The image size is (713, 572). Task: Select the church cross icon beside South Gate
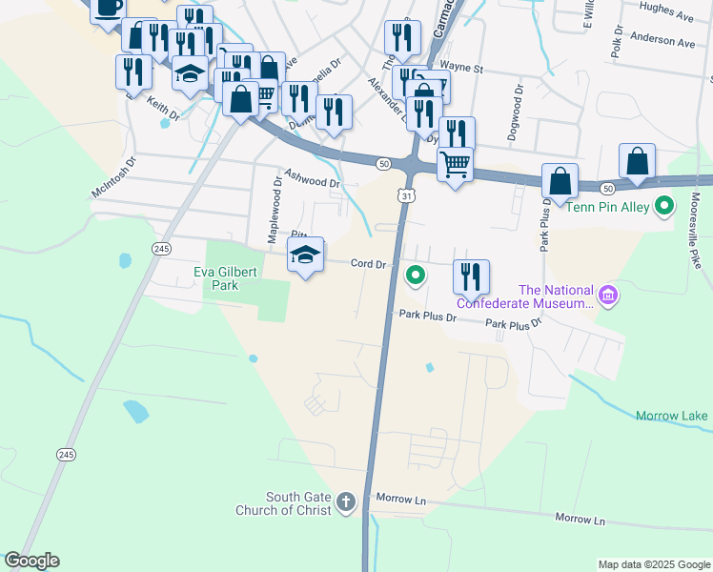[x=346, y=500]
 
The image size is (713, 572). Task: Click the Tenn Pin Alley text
[x=608, y=206]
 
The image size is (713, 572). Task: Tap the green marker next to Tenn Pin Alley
[x=666, y=205]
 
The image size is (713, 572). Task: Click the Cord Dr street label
[x=367, y=264]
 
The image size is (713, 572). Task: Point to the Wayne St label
[x=467, y=69]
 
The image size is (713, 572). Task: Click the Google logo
[x=31, y=561]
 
